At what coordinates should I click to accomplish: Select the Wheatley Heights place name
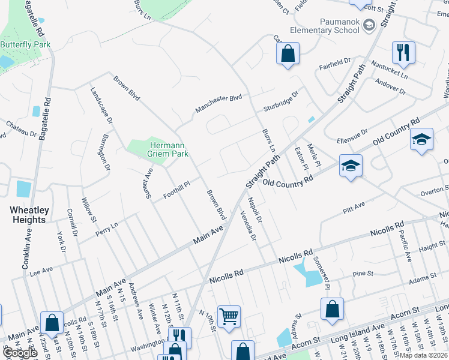28,215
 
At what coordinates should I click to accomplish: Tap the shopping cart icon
229,316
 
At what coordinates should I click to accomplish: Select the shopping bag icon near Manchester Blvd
288,53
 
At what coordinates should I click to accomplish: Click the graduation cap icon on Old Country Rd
351,165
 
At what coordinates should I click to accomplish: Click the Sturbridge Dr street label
280,102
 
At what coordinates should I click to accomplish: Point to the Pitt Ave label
354,209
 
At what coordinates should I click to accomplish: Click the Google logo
20,353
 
